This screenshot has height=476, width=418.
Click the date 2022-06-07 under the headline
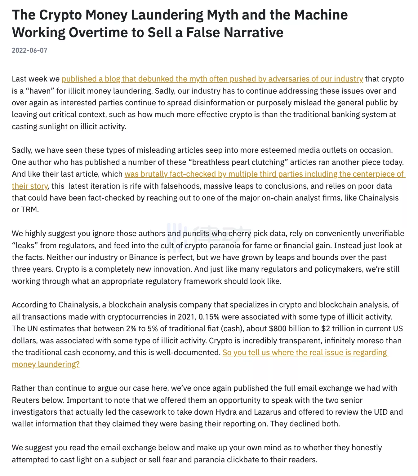(29, 50)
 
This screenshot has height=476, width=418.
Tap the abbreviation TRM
(30, 209)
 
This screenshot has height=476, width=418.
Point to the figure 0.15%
(209, 317)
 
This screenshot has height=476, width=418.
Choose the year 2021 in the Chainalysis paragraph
(186, 317)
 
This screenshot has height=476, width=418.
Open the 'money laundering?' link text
(46, 364)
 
